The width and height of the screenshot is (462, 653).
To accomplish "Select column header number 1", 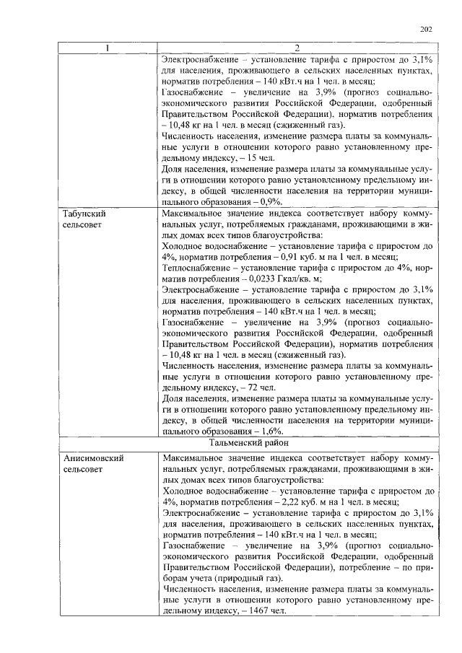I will pos(109,48).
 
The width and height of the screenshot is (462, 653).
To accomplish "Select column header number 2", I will pos(297,48).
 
